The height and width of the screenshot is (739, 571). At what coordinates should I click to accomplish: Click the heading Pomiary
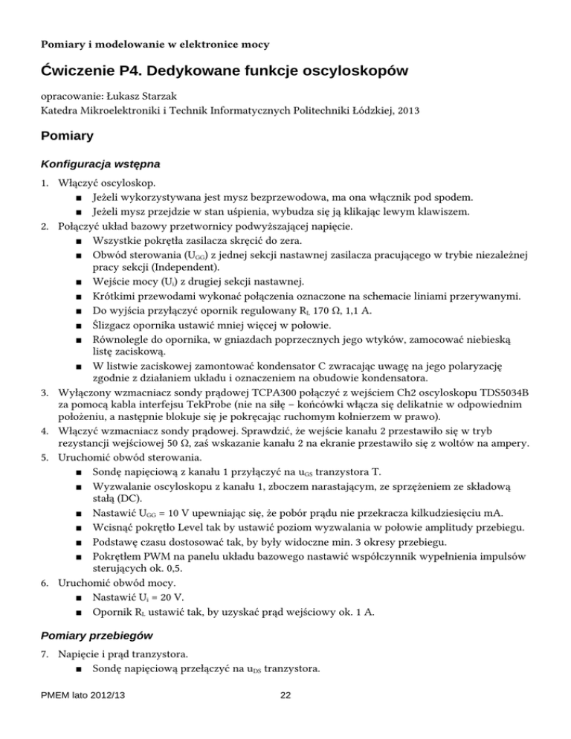point(67,137)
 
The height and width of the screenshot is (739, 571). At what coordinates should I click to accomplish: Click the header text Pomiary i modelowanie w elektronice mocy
point(155,37)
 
